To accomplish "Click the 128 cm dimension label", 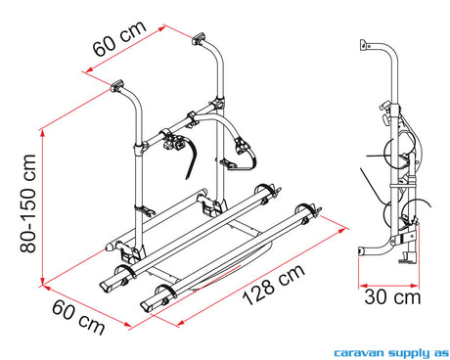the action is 273,285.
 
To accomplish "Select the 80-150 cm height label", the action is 27,203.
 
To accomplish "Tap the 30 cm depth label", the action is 392,297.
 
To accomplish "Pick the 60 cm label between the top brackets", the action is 119,38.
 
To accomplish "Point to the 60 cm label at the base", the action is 78,317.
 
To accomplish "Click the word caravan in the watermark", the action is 360,353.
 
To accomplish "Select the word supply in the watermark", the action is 409,353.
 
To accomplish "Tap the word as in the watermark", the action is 441,353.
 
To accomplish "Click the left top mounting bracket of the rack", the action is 117,86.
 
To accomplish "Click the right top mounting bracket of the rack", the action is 199,39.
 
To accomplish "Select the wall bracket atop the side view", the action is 364,45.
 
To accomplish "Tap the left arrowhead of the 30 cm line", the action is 362,286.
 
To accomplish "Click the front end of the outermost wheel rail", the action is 146,307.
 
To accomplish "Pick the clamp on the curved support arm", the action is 241,146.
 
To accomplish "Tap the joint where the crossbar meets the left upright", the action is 140,149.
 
